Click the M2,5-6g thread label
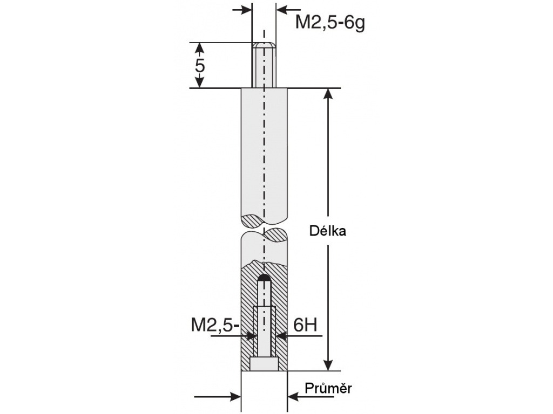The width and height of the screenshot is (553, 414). tap(330, 23)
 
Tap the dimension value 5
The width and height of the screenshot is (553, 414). tap(200, 65)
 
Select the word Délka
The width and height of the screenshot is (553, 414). tap(327, 231)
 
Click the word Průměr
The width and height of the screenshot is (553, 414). tap(328, 388)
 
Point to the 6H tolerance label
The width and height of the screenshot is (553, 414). tap(305, 325)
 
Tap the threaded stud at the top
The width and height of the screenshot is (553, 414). tap(264, 65)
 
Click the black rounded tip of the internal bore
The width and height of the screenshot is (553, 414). tap(264, 278)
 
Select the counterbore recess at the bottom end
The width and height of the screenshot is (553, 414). tap(264, 364)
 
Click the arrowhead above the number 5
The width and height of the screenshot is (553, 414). tap(200, 48)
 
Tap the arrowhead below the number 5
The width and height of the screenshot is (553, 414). tap(200, 82)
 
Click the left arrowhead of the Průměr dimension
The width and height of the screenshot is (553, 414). tap(235, 397)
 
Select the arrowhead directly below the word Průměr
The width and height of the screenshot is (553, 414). tap(294, 397)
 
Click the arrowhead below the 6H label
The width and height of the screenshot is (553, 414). tap(282, 336)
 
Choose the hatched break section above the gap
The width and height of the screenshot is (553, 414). tap(253, 220)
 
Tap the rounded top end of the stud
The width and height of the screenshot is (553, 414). tap(264, 45)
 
